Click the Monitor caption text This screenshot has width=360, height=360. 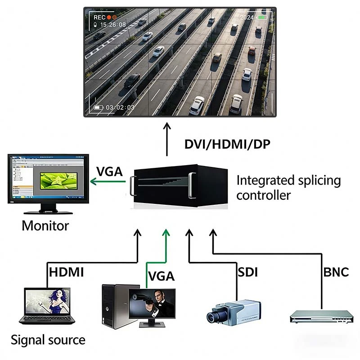(45, 225)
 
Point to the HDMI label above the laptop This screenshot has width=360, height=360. (66, 272)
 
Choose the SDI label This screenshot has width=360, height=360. (247, 272)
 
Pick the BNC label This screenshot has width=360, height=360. (336, 272)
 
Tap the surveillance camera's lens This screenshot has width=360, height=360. (212, 316)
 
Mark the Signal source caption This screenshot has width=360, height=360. (48, 340)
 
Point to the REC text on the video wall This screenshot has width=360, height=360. (99, 17)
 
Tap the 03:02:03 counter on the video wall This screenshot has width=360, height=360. (120, 108)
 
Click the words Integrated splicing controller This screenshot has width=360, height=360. (288, 188)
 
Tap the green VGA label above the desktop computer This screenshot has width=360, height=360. (161, 275)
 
